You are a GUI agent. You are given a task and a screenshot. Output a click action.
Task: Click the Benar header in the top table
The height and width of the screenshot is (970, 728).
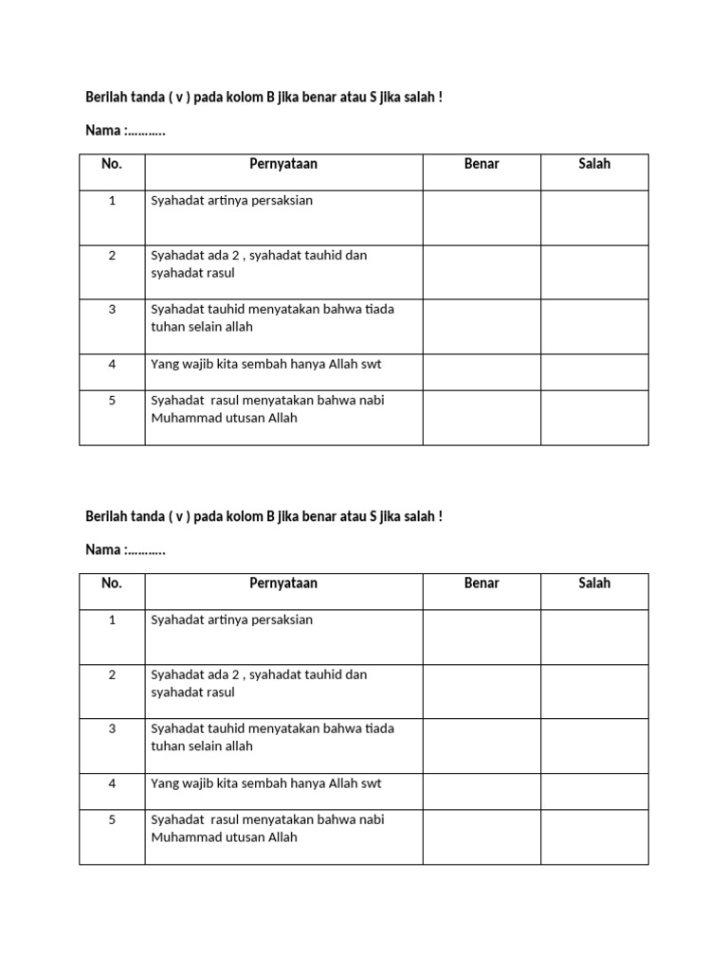[482, 164]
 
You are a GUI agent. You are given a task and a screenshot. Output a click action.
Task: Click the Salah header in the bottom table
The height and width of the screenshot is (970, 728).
[594, 584]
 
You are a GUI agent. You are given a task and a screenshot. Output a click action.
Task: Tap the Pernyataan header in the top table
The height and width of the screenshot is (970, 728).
[283, 164]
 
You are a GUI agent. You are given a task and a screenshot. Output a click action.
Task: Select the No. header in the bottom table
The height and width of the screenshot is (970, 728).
[112, 584]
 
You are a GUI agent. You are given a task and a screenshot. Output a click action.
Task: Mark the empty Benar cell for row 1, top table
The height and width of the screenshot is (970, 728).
[482, 218]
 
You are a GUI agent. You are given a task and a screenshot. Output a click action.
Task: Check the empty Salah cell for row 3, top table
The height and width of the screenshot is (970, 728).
[594, 327]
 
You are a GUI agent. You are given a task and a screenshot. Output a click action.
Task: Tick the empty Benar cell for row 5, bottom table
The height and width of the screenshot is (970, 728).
[482, 836]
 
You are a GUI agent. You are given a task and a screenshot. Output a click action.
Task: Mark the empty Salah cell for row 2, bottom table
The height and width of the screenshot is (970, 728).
[594, 692]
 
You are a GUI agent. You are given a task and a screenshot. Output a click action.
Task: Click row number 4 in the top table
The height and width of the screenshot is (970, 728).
[112, 364]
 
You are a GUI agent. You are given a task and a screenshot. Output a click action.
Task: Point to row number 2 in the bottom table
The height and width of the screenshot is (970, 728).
[112, 675]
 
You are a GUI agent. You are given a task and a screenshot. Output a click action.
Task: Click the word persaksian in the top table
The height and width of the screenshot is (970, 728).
[281, 201]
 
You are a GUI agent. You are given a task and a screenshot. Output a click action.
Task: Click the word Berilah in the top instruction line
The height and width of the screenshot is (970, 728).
[106, 97]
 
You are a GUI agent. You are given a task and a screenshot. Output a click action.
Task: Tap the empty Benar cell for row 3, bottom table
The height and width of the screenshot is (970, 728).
[482, 745]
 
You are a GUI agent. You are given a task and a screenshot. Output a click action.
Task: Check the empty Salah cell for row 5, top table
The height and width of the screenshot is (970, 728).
[594, 417]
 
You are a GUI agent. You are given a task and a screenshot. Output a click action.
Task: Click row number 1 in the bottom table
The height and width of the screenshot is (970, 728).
[112, 620]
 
